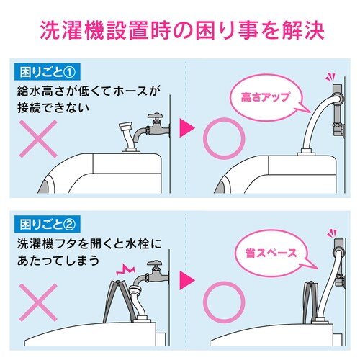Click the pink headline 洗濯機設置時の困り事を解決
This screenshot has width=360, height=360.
[180, 32]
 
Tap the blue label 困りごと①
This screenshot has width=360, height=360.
[42, 73]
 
